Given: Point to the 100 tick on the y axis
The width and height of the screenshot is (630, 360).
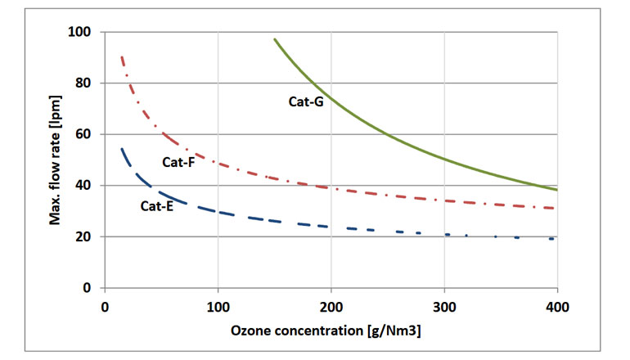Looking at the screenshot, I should pyautogui.click(x=82, y=32).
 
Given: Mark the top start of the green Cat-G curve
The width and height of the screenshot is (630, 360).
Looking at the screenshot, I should pyautogui.click(x=274, y=39).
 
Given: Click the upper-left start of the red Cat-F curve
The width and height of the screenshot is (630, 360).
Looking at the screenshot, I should pyautogui.click(x=122, y=57).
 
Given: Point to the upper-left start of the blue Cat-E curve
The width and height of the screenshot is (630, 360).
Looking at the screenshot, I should pyautogui.click(x=122, y=149).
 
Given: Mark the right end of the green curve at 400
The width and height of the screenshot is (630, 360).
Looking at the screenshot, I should pyautogui.click(x=556, y=190).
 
